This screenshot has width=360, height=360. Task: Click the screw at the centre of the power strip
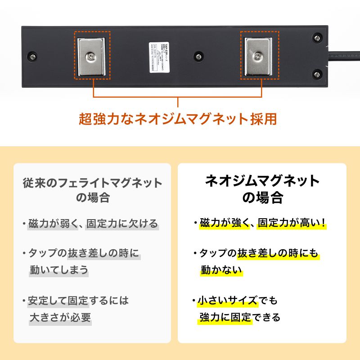[198, 56]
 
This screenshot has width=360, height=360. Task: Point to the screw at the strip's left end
[32, 56]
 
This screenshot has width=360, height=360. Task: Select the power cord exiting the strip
[344, 56]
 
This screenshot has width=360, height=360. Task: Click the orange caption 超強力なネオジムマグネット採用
[177, 119]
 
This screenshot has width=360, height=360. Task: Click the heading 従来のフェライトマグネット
[92, 183]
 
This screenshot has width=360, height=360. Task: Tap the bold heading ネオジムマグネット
[262, 181]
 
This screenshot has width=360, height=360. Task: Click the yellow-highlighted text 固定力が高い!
[292, 224]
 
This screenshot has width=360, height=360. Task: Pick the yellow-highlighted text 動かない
[221, 270]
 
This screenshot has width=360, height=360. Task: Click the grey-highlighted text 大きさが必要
[60, 317]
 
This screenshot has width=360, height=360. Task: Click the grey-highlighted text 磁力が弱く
[49, 224]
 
